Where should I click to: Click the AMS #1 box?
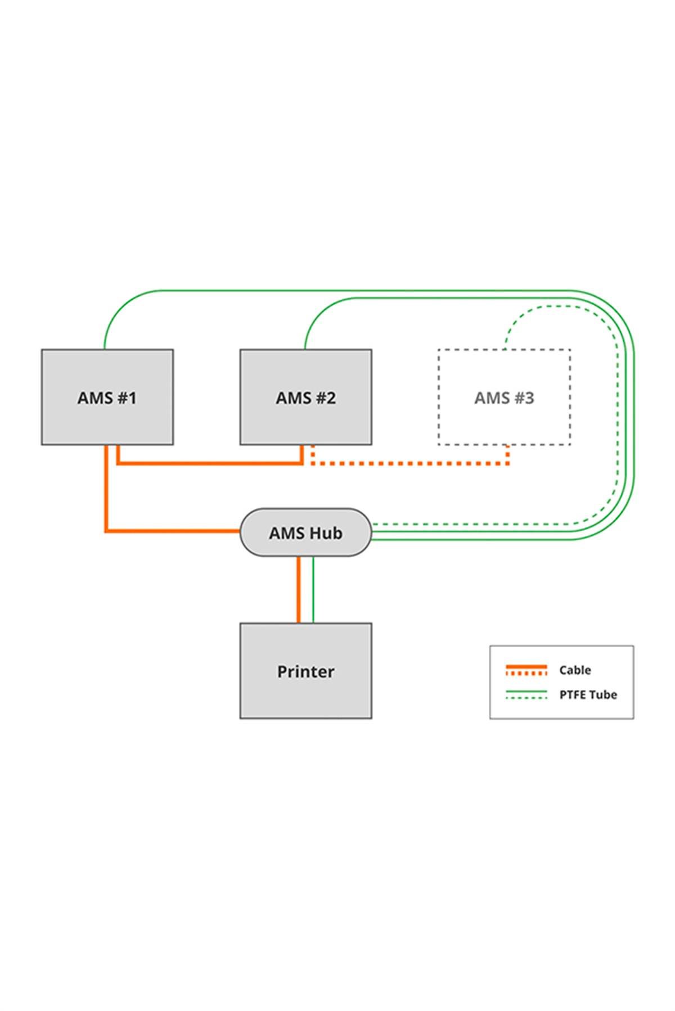(x=107, y=397)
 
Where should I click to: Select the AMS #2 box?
(x=305, y=397)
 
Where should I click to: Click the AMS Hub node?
(x=305, y=532)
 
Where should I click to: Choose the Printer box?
(x=305, y=671)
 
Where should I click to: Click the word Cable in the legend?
(x=575, y=670)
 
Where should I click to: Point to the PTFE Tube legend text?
(x=588, y=694)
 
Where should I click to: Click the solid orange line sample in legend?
(x=526, y=667)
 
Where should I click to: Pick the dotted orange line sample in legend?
(x=526, y=673)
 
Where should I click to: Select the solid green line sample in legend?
(x=526, y=692)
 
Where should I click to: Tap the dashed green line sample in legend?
(x=526, y=698)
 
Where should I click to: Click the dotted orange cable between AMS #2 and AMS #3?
(x=411, y=464)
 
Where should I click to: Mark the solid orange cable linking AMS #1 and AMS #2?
(x=211, y=464)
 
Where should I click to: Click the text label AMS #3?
(x=504, y=398)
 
